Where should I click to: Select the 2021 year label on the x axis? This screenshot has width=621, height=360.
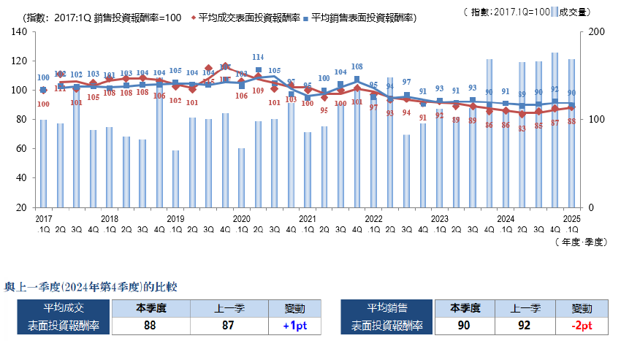point(308,218)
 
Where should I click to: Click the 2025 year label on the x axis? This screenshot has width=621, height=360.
point(571,218)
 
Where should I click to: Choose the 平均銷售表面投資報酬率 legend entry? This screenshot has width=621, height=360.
point(373,17)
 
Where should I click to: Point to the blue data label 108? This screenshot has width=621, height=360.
point(357,66)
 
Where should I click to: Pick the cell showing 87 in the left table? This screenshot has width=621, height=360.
point(227,326)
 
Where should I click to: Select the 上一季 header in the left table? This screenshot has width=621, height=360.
point(227,308)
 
